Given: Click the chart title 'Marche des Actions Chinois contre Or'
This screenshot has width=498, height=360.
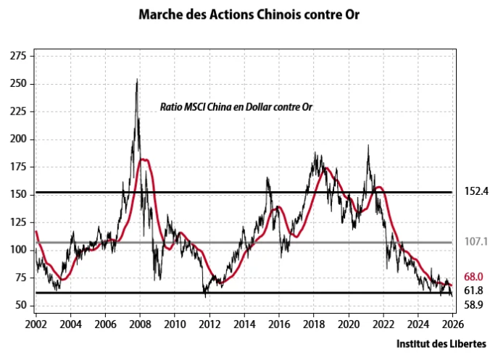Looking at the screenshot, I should tap(249, 14).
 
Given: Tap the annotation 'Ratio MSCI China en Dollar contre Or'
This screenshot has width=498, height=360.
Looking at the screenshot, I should tap(240, 106).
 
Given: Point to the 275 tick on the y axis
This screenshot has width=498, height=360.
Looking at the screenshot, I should tap(17, 56).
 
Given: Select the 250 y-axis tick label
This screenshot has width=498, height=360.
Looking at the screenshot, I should tap(17, 84).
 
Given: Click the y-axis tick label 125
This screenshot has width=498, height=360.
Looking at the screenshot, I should tap(17, 222).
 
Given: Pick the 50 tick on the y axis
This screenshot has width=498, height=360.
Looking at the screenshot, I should tap(20, 305).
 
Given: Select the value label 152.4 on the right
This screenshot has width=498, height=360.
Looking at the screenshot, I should tap(475, 193).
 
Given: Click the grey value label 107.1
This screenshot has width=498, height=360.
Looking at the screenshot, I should tap(475, 243).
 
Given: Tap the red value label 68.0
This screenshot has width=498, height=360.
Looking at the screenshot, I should tap(473, 277).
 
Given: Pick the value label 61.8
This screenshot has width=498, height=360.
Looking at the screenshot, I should tap(473, 290).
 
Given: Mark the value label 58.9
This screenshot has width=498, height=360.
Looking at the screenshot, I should tap(473, 305).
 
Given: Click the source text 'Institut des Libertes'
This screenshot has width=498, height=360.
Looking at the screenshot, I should tap(441, 343).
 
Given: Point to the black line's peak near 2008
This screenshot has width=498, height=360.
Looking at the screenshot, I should tap(137, 80).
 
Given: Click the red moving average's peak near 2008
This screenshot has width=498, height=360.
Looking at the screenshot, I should tap(144, 159).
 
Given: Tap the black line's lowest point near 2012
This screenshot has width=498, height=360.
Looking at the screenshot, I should tap(205, 296).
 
